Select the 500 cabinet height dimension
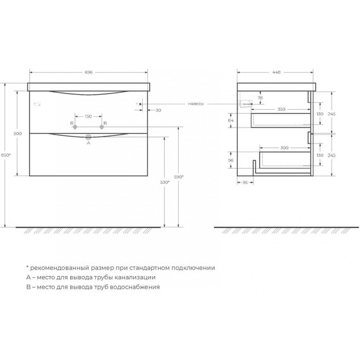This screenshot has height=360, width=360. pos(18,133)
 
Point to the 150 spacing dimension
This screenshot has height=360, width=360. pos(88,116)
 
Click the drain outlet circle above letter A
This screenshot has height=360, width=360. pos(89,136)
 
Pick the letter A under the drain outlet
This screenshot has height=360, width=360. pos(88,143)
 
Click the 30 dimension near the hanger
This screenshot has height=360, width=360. pos(158,111)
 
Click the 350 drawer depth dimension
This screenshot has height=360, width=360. pos(281,110)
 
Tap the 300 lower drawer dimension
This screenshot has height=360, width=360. pos(285,147)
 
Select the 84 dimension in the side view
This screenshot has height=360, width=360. pos(231,120)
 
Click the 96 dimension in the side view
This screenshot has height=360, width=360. pos(231,160)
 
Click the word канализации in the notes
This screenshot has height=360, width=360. pos(133,277)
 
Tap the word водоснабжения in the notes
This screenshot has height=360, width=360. pos(133,286)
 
